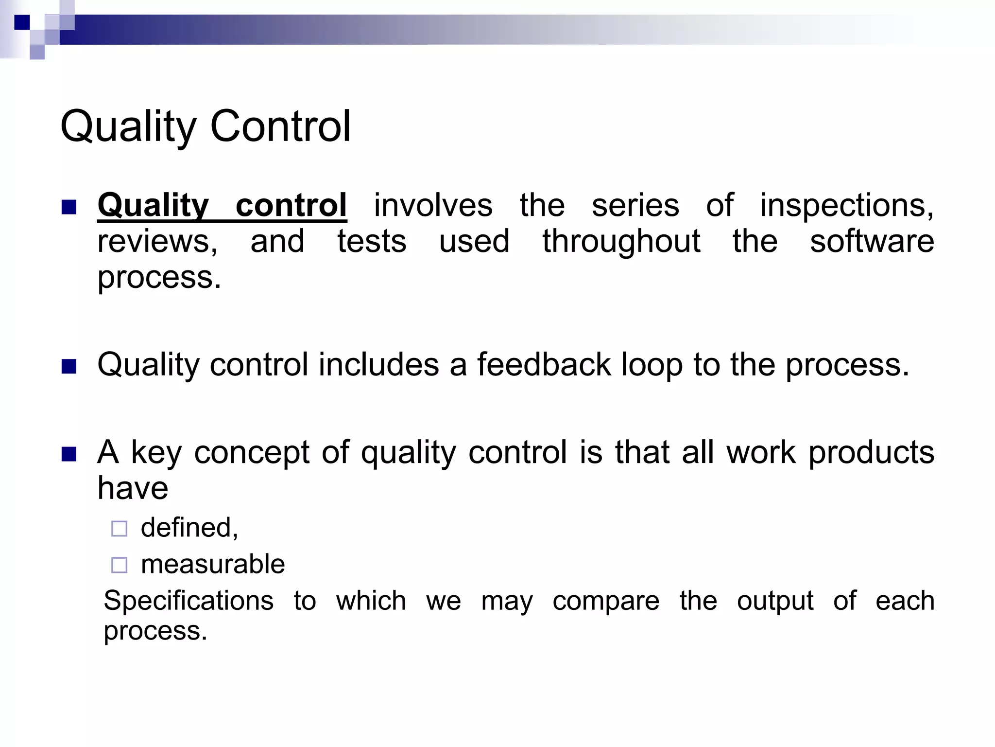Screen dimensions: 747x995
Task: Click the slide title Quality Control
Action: tap(205, 126)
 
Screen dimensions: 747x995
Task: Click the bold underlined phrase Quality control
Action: tap(222, 205)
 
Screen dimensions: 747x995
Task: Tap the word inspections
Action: tap(846, 205)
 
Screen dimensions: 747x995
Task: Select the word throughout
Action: tap(621, 242)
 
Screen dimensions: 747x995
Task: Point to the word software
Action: tap(872, 241)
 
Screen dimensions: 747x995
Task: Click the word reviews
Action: tap(157, 242)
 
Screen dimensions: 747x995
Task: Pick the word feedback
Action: tap(544, 364)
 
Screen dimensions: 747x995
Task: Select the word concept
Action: tap(252, 453)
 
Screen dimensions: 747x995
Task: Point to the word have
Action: tap(133, 488)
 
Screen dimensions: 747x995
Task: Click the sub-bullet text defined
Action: tap(189, 528)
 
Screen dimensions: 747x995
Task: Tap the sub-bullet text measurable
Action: tap(212, 564)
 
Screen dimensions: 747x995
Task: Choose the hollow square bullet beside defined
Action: tap(119, 529)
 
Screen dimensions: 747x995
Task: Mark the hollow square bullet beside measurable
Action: tap(119, 565)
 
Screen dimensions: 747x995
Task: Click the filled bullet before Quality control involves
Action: tap(69, 208)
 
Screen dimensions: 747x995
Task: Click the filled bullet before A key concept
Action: tap(69, 454)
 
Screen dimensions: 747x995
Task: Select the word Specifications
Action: tap(189, 601)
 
